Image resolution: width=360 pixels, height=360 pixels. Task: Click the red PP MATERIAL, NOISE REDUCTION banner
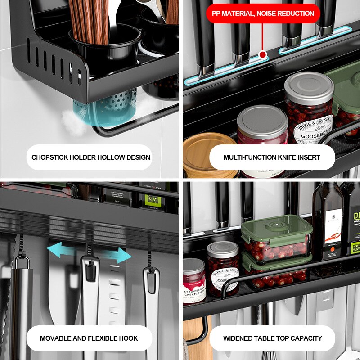click(263, 13)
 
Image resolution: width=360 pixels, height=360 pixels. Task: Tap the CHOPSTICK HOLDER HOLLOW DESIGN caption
click(91, 157)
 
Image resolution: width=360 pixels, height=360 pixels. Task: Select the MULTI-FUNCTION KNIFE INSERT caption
click(272, 157)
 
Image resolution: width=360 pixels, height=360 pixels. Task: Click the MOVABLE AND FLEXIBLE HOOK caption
click(89, 338)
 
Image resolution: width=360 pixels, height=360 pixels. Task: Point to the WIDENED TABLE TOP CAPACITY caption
click(272, 338)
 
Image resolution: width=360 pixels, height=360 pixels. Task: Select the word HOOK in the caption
click(129, 338)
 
